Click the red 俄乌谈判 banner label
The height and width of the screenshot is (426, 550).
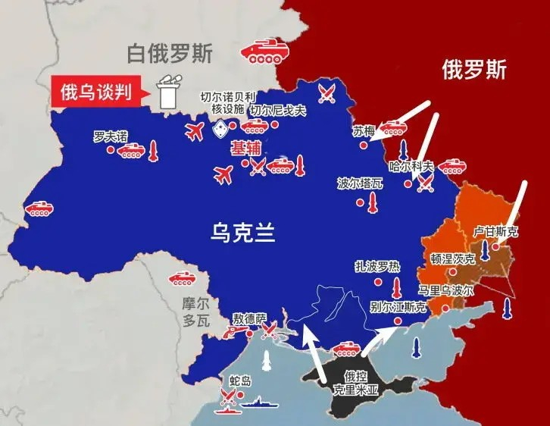[x=97, y=92]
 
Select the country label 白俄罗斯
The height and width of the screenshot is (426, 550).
[x=170, y=54]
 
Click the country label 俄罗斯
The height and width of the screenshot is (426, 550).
[x=473, y=70]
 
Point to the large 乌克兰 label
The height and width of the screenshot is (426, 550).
[x=241, y=233]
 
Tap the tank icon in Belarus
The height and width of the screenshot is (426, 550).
[x=264, y=52]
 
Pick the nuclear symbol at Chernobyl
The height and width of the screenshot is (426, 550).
[x=220, y=129]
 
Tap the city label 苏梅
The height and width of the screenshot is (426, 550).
[x=364, y=130]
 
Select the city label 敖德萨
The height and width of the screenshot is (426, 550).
[x=249, y=318]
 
